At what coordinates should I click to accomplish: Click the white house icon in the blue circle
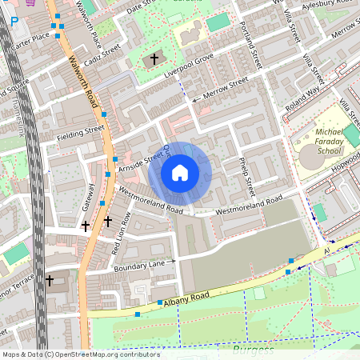pyautogui.click(x=180, y=172)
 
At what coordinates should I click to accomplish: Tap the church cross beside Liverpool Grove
pyautogui.click(x=155, y=60)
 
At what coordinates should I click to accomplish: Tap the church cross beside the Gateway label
pyautogui.click(x=85, y=226)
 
